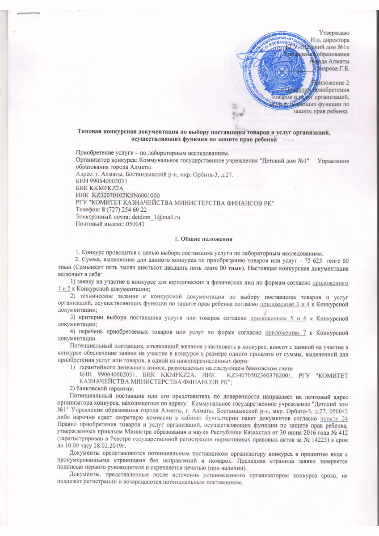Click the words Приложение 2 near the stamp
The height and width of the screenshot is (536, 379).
(333, 83)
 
